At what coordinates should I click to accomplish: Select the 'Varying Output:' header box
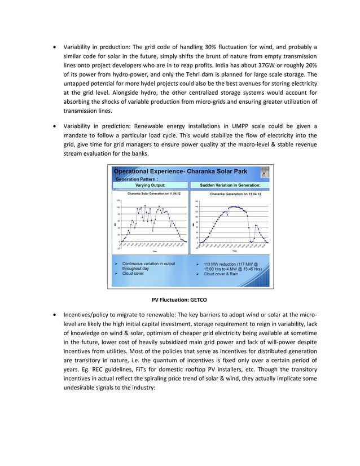click(x=150, y=184)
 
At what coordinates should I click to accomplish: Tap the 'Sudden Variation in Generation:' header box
click(x=230, y=184)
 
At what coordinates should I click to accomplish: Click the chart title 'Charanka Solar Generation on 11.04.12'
click(x=150, y=193)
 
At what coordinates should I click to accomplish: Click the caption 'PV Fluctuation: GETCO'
click(x=180, y=299)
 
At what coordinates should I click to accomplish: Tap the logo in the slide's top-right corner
click(x=265, y=173)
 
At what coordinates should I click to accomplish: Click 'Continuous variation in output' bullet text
click(x=148, y=263)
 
